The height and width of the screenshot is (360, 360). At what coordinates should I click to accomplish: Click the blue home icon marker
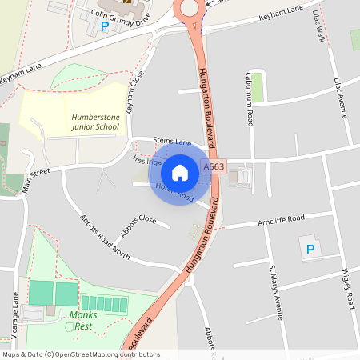pyautogui.click(x=180, y=173)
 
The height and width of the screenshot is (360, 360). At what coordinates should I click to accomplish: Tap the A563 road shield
pyautogui.click(x=214, y=166)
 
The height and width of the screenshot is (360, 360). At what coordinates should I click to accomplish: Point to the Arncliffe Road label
pyautogui.click(x=277, y=219)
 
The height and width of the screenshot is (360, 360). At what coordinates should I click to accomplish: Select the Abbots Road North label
pyautogui.click(x=105, y=237)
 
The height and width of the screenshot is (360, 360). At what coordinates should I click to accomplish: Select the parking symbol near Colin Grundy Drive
pyautogui.click(x=105, y=26)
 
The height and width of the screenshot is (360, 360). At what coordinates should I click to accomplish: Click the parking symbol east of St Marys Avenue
pyautogui.click(x=310, y=250)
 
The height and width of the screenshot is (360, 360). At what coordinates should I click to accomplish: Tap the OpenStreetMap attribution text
pyautogui.click(x=80, y=354)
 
